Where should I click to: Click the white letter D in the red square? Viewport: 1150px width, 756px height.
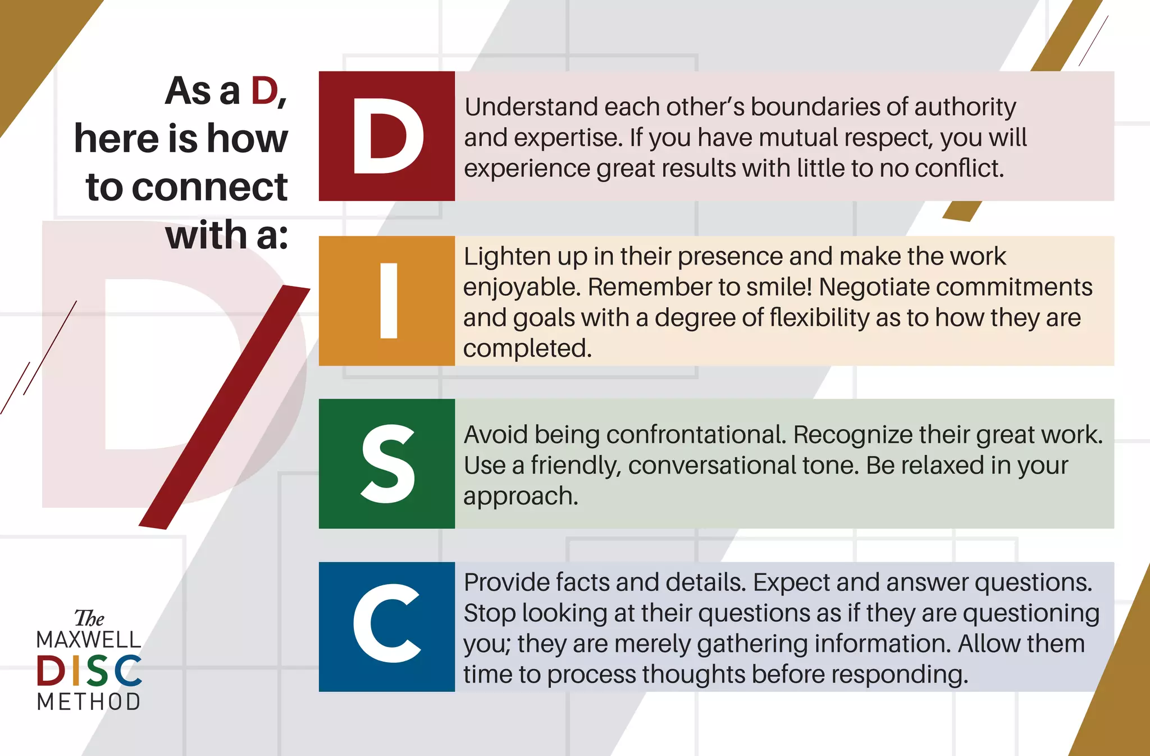tap(387, 136)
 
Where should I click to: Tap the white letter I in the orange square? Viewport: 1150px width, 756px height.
tap(389, 300)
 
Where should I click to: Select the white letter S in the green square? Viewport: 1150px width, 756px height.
tap(388, 463)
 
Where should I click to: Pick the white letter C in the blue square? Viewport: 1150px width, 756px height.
tap(386, 623)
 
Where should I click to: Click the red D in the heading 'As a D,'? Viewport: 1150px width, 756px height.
tap(264, 91)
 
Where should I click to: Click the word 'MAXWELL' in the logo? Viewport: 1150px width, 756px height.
tap(89, 640)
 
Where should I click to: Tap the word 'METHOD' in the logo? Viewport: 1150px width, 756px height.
tap(89, 702)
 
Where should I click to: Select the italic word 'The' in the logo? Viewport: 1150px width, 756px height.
tap(89, 618)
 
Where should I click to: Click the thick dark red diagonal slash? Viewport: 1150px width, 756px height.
tap(225, 407)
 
